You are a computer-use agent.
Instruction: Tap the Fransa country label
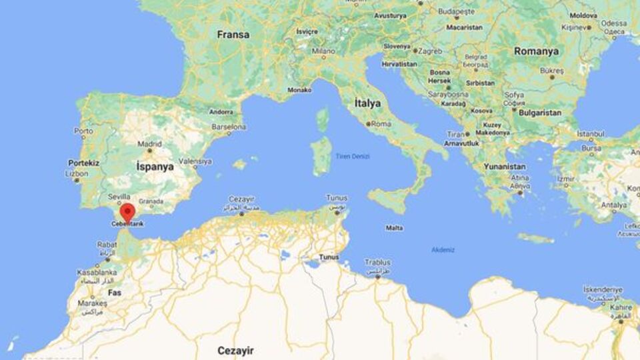point(233,34)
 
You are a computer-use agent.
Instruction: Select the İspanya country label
point(155,167)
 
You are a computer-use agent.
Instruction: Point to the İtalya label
point(367,103)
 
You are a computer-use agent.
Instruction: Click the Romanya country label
point(535,51)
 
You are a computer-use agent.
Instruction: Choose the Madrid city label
point(149,143)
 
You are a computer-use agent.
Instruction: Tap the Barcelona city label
point(229,126)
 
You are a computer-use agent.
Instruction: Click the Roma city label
point(381,124)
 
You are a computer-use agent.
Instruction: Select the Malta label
point(394,228)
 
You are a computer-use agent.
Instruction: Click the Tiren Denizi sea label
point(353,156)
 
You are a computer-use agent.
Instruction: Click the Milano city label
point(323,51)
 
